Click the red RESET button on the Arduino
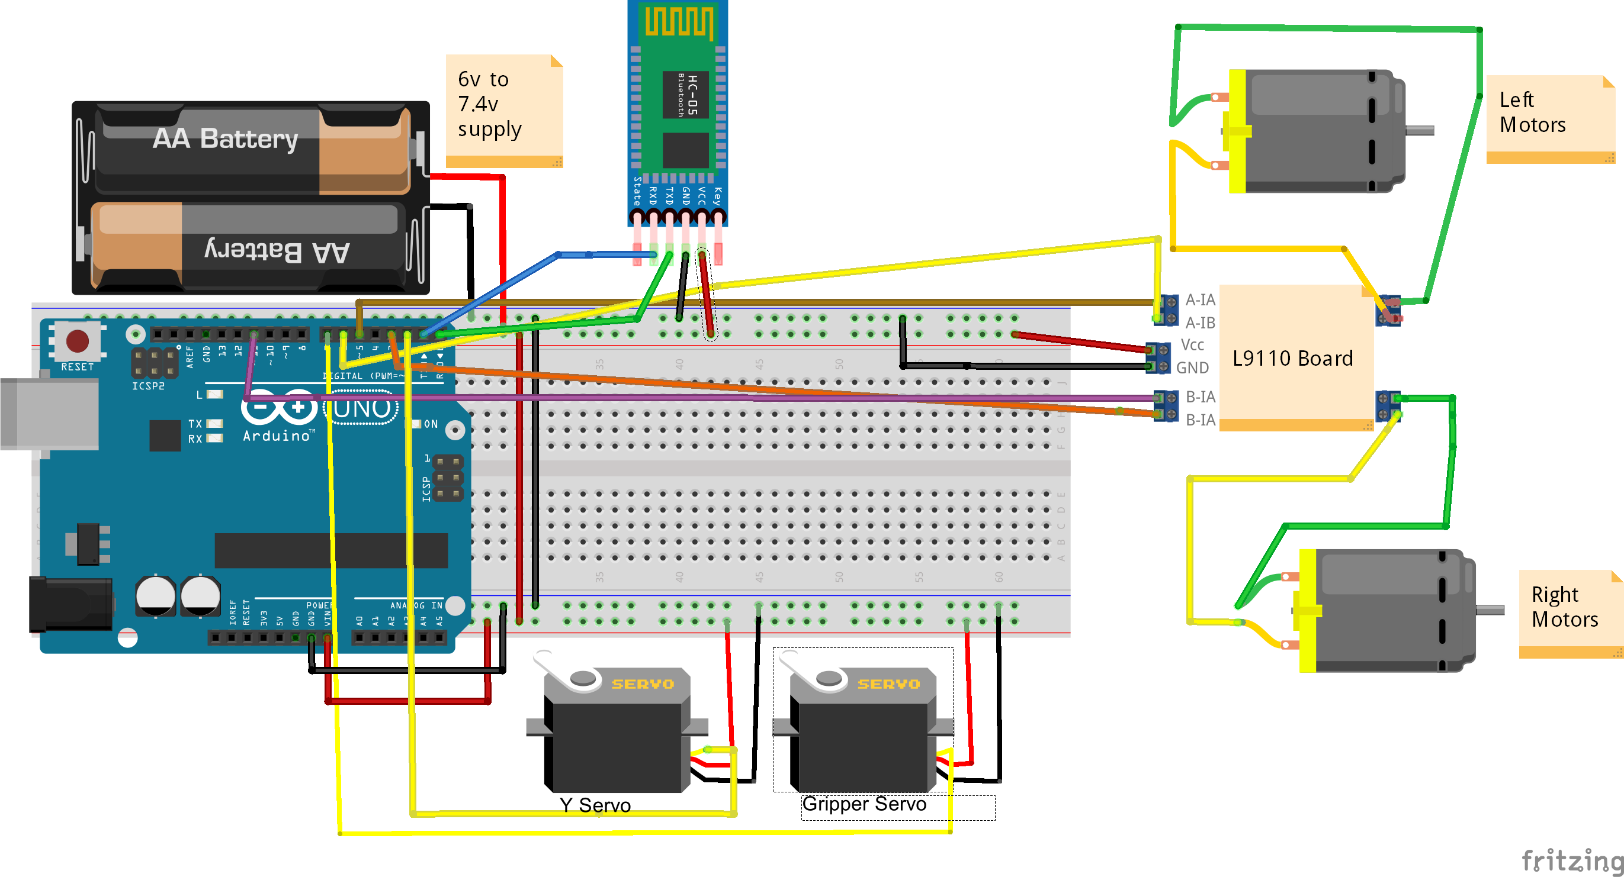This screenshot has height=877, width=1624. pos(78,341)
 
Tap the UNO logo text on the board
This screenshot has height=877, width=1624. pos(361,409)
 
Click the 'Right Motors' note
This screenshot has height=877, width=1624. pos(1565,607)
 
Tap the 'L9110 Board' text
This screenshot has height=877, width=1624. pos(1292,358)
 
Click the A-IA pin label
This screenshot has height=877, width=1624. pos(1200,300)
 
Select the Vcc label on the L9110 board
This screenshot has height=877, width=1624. pos(1192,344)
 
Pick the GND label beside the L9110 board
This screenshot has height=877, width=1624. pos(1192,367)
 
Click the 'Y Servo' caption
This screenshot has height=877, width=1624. pos(595,805)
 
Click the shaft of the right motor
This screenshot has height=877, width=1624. pos(1490,610)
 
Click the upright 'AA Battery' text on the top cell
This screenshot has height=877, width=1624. pos(225,138)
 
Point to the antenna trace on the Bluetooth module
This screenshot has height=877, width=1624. pos(679,22)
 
